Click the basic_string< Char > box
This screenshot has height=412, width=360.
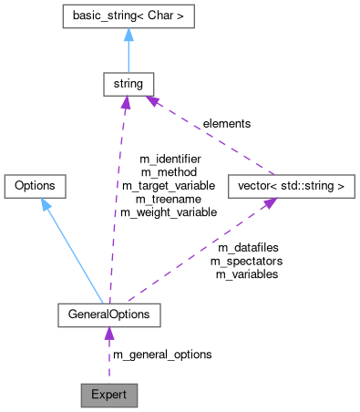[x=128, y=16]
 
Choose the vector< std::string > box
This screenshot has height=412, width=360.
[x=288, y=186]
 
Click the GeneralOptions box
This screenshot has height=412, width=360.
[x=108, y=315]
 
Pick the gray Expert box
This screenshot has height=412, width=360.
[x=108, y=396]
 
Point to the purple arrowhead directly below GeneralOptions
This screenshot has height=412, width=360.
[x=108, y=335]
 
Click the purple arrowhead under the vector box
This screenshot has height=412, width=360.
[x=270, y=204]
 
